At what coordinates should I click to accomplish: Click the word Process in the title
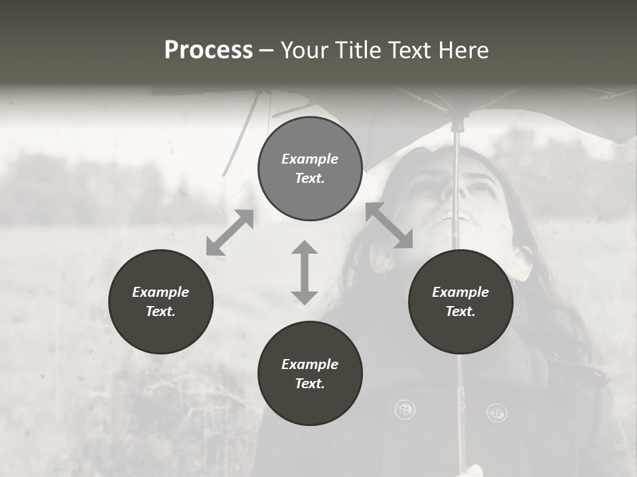208,50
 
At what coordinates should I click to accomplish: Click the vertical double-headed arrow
305,272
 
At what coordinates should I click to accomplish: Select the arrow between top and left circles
230,233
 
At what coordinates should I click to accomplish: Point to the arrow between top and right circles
389,225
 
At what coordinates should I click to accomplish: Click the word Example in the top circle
310,159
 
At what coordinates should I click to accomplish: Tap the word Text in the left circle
161,311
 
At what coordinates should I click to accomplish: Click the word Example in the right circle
460,292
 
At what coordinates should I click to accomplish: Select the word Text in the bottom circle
310,384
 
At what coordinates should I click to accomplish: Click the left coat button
404,410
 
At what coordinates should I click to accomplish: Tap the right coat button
496,413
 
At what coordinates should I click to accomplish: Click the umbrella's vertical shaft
456,199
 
